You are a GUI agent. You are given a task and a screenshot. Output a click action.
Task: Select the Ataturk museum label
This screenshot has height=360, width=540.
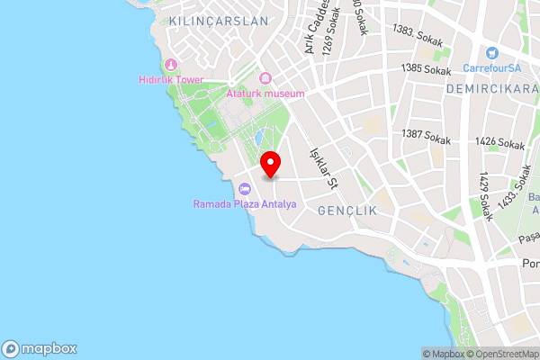pyautogui.click(x=265, y=94)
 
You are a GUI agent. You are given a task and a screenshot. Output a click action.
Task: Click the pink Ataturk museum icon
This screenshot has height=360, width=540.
pyautogui.click(x=265, y=78)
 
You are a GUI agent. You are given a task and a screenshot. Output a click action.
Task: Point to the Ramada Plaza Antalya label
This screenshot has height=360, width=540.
pyautogui.click(x=245, y=204)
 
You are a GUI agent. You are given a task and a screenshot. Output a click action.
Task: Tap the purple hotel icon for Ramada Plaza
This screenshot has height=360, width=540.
pyautogui.click(x=244, y=189)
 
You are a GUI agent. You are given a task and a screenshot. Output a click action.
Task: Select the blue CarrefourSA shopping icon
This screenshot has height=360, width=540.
pyautogui.click(x=492, y=53)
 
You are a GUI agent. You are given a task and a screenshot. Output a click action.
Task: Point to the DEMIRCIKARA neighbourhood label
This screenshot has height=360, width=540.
pyautogui.click(x=492, y=91)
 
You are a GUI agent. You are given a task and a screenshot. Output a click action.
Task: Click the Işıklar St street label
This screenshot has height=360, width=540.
pyautogui.click(x=322, y=169)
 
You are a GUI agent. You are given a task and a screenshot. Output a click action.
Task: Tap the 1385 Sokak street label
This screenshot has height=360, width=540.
pyautogui.click(x=426, y=68)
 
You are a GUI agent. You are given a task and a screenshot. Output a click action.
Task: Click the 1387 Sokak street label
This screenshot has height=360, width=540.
pyautogui.click(x=426, y=135)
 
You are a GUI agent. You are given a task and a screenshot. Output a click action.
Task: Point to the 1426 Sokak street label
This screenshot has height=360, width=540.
pyautogui.click(x=500, y=143)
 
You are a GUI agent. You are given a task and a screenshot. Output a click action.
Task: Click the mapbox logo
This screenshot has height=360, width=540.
pyautogui.click(x=40, y=349)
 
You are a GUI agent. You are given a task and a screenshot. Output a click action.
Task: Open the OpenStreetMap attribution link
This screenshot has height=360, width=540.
pyautogui.click(x=500, y=354)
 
